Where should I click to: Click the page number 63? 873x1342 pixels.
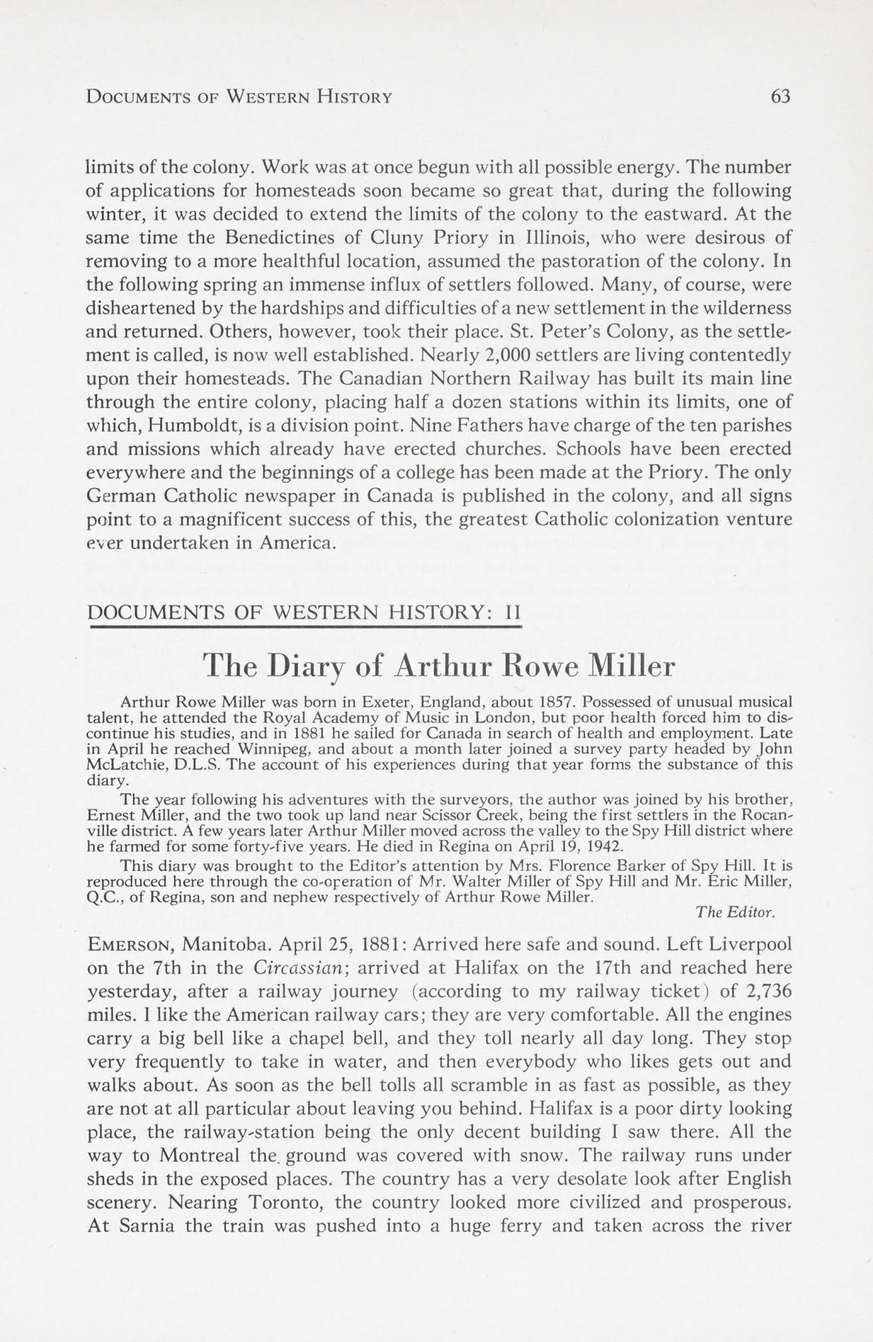(x=781, y=96)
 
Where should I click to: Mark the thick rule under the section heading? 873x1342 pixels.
(x=305, y=627)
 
